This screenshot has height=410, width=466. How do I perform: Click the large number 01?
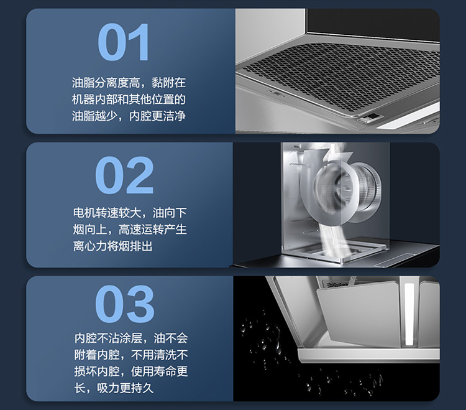pos(123,42)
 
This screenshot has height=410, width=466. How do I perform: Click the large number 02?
pos(124,175)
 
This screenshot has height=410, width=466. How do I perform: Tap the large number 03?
pos(125,304)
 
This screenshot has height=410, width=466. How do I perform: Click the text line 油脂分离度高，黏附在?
pos(129,82)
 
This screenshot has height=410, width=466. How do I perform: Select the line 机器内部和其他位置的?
pos(129,99)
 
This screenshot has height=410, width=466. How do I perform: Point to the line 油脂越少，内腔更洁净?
pos(129,116)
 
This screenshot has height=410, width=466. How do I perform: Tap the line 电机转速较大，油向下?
pos(130,213)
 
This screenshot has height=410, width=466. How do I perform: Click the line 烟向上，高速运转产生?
pos(130,230)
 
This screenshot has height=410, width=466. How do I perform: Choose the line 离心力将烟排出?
pos(112,246)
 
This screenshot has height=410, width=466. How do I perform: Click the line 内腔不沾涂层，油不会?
pos(131,338)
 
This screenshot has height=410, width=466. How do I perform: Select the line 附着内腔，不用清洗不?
pos(131,355)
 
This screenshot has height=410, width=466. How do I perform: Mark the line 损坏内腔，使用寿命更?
pos(131,371)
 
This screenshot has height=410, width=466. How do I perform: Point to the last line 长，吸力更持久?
pos(114,388)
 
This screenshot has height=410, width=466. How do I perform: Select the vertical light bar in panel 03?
pos(409,314)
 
